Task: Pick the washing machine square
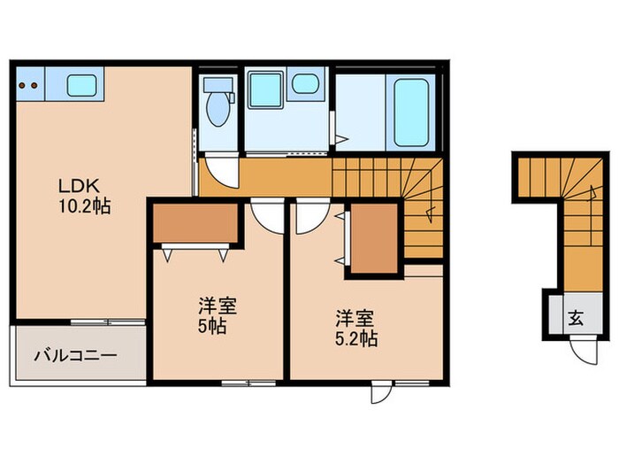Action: click(264, 90)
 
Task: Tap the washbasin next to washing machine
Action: click(306, 85)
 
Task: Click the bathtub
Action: click(411, 112)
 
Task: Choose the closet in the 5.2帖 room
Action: click(375, 236)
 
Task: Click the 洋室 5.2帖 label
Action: click(355, 327)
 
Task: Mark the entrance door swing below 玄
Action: click(583, 350)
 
